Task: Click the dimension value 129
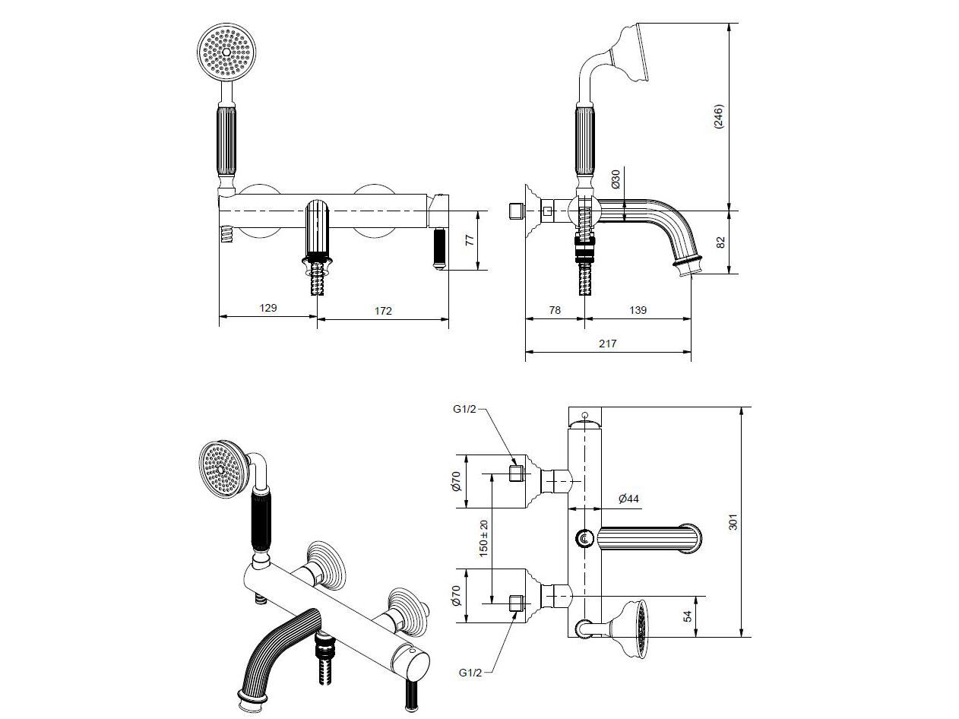(x=267, y=308)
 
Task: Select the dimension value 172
(x=383, y=310)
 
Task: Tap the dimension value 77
(x=469, y=239)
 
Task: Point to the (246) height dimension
(x=719, y=116)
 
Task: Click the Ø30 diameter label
(x=616, y=179)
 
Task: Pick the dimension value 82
(x=720, y=242)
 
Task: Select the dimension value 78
(x=554, y=309)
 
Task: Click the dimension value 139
(x=638, y=309)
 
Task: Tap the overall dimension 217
(x=607, y=344)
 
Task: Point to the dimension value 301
(x=733, y=522)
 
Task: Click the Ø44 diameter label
(x=629, y=499)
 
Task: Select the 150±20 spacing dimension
(x=484, y=538)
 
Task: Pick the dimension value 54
(x=688, y=616)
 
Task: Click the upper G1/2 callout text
(x=465, y=409)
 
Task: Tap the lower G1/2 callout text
(x=471, y=672)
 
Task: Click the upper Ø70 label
(x=456, y=481)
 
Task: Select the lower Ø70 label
(x=456, y=594)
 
